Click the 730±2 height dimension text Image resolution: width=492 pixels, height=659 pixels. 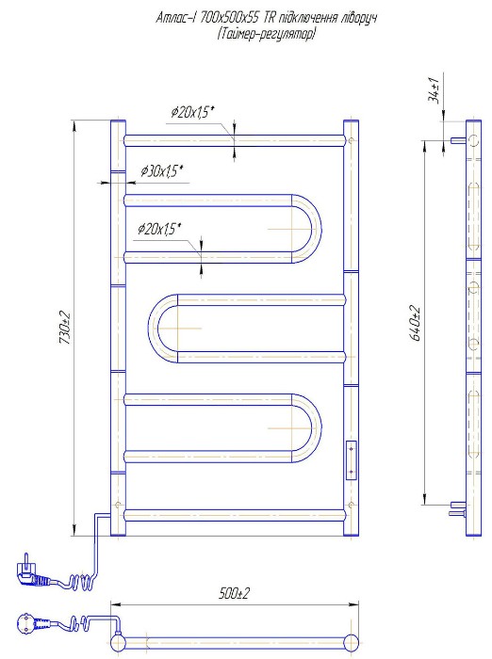[65, 328]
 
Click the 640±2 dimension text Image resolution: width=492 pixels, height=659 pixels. [416, 324]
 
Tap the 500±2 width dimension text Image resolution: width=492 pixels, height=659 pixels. [234, 593]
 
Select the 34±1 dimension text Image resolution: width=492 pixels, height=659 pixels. [434, 90]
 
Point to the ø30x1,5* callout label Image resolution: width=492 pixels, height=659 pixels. [161, 171]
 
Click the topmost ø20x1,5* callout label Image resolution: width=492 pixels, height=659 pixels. [193, 112]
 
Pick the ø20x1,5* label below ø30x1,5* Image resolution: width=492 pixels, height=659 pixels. [159, 229]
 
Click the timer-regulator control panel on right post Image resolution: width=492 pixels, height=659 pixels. [351, 460]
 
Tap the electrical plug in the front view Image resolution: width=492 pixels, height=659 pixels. [28, 571]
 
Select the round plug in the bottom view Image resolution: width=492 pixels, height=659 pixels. [28, 623]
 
